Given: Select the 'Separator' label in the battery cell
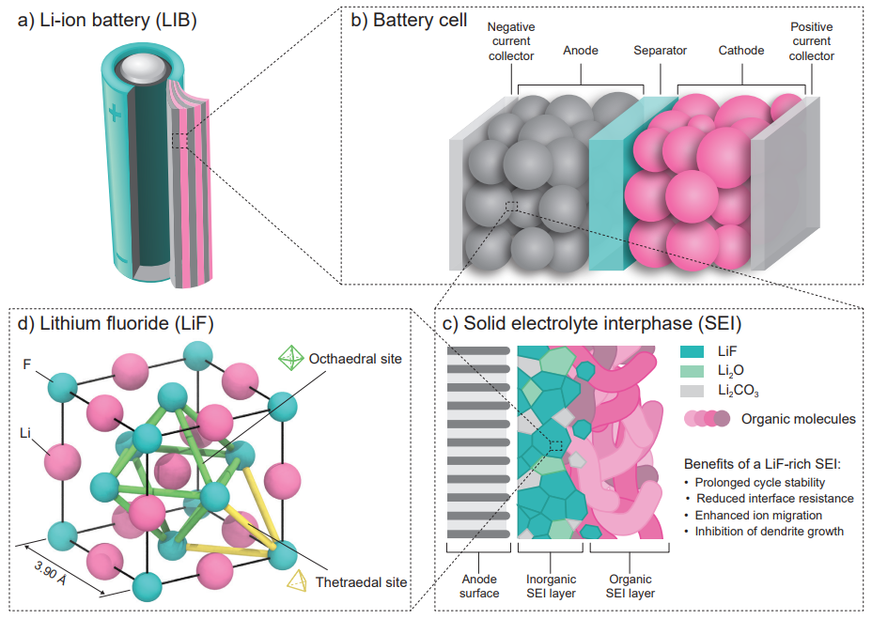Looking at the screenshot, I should pos(660,50).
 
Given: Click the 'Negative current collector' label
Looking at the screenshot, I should pos(510,42).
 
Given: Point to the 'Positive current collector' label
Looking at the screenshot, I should pos(811,42).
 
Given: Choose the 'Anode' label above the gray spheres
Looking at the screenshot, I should pos(580,50).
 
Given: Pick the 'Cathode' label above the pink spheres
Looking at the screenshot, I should pos(740,50).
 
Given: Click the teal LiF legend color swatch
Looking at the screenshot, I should pos(692,350).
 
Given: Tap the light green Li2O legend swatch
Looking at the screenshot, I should pos(692,371).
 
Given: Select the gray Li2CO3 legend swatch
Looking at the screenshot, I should pos(692,392).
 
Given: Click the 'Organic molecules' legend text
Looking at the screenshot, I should pos(799,419).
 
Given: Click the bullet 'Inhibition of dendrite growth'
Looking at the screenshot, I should pos(767,531).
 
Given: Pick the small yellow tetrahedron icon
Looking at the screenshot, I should pos(297,583).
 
